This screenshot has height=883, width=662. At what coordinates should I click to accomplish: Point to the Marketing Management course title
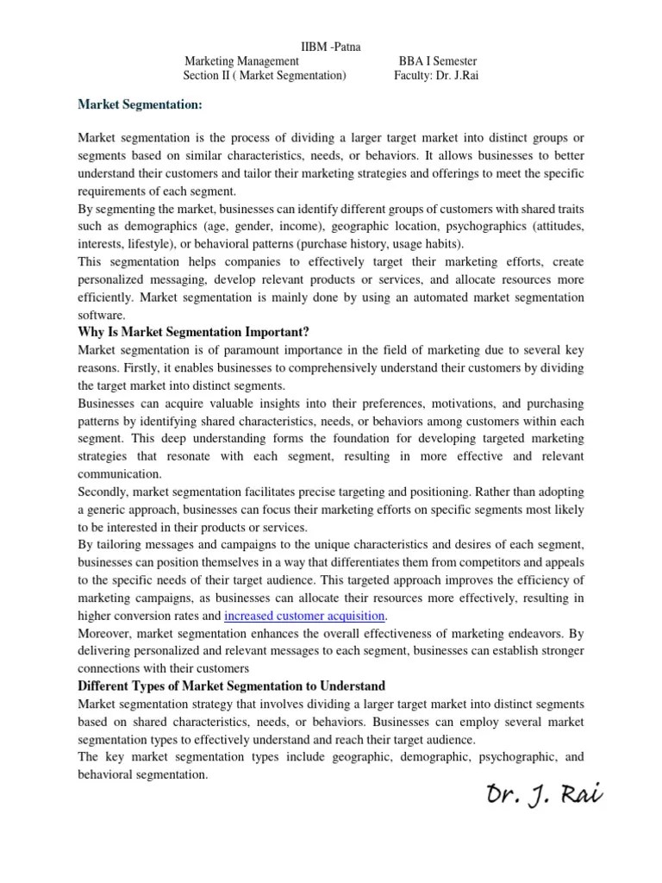pyautogui.click(x=242, y=61)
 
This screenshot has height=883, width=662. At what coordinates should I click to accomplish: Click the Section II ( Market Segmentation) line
pyautogui.click(x=264, y=76)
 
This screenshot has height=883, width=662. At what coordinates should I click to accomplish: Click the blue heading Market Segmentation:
pyautogui.click(x=140, y=105)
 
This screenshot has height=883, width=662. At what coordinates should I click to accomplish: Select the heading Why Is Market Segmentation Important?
pyautogui.click(x=193, y=332)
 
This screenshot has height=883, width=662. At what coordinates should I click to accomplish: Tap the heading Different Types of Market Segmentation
pyautogui.click(x=231, y=686)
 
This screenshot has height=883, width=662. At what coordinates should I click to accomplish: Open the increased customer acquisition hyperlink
pyautogui.click(x=305, y=616)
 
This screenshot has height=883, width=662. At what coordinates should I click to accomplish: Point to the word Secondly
pyautogui.click(x=107, y=492)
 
